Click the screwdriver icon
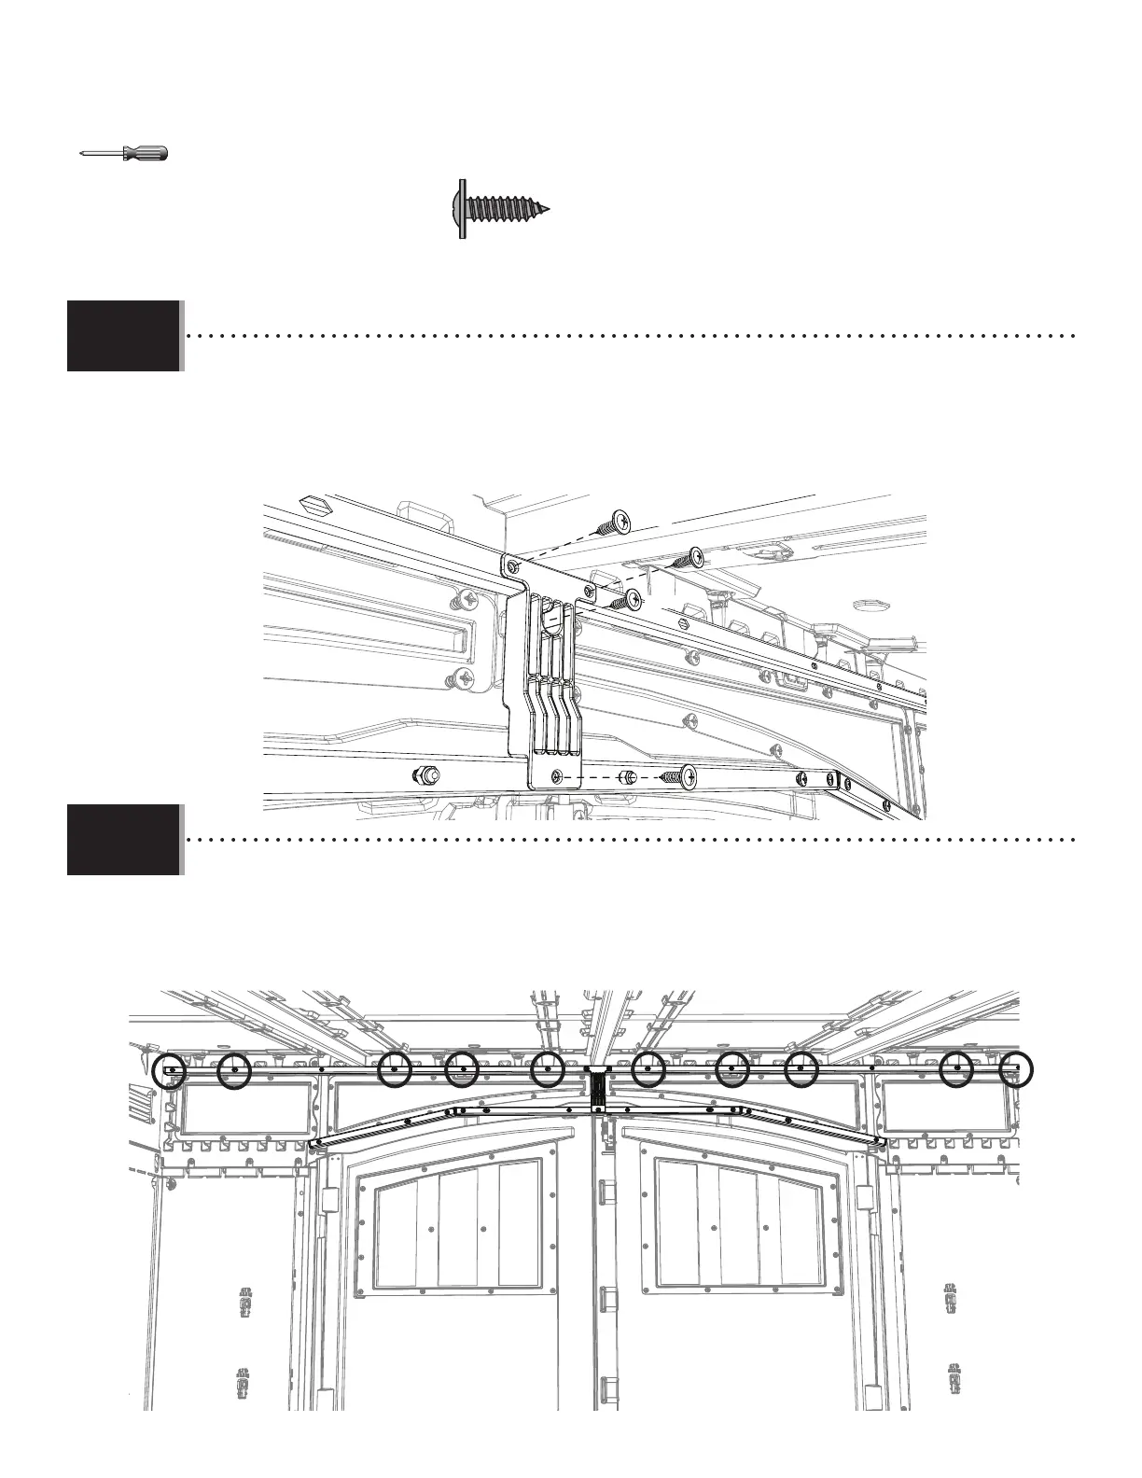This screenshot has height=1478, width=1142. (123, 154)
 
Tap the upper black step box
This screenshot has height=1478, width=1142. (123, 336)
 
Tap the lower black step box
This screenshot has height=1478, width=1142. (123, 840)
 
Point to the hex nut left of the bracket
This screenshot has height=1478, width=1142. (425, 774)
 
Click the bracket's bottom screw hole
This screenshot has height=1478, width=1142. (557, 776)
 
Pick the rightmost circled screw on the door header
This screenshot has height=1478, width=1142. (1016, 1069)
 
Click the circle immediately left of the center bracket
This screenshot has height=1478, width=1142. (548, 1069)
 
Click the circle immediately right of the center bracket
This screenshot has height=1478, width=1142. (648, 1069)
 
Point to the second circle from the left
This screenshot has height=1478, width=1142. (234, 1071)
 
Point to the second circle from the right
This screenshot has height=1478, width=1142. (956, 1069)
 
